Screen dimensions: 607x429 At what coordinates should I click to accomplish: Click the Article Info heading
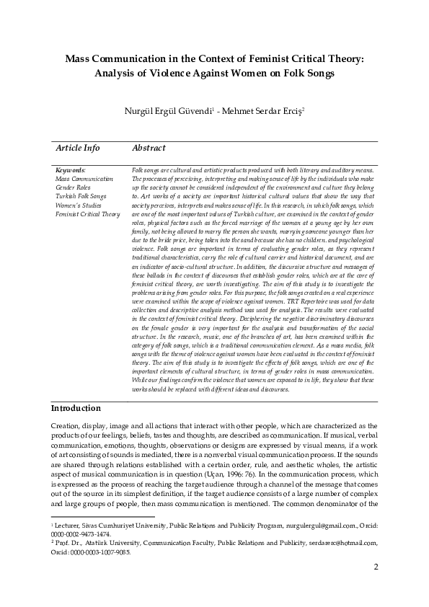tap(78, 148)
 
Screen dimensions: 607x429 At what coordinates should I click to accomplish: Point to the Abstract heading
tap(149, 148)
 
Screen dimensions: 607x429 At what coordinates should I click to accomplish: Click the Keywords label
tap(70, 169)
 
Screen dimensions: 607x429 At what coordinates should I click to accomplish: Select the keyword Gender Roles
tap(73, 187)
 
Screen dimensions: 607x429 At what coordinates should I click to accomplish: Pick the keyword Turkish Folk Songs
tap(81, 196)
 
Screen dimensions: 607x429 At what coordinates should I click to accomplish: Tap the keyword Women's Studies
tap(77, 205)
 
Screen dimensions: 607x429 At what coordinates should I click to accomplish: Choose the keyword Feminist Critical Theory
tap(87, 214)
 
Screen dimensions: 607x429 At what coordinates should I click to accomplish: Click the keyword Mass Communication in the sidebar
tap(79, 178)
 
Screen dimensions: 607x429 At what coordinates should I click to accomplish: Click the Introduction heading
tap(76, 408)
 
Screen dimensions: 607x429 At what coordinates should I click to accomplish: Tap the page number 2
tap(375, 587)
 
